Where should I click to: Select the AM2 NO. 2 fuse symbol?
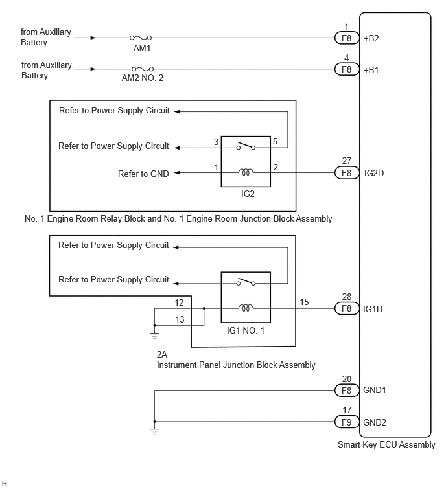[x=142, y=69]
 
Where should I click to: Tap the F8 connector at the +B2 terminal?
[x=346, y=38]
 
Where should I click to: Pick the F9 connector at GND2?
[x=346, y=422]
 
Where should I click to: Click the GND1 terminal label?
[x=375, y=391]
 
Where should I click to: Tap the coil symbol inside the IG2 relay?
[x=246, y=172]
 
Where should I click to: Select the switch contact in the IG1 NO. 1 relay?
[x=246, y=282]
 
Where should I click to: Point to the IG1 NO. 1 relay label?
[x=246, y=330]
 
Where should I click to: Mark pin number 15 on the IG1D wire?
[x=304, y=302]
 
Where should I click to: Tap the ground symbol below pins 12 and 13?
[x=154, y=335]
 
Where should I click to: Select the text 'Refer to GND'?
[x=143, y=174]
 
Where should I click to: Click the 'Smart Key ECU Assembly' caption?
[x=386, y=445]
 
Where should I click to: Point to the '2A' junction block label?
[x=162, y=355]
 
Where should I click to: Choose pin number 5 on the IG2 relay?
[x=275, y=141]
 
